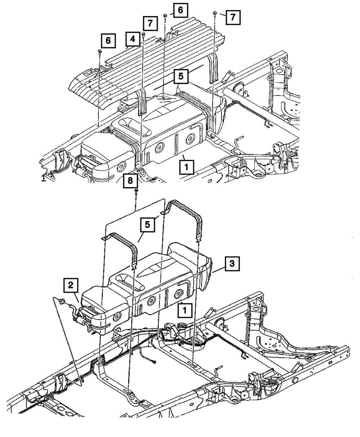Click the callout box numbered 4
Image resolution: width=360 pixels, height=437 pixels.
tap(133, 39)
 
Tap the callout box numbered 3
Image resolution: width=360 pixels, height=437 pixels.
tap(232, 264)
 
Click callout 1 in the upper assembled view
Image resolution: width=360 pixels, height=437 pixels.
tap(186, 167)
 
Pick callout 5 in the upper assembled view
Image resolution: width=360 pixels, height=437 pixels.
tap(181, 77)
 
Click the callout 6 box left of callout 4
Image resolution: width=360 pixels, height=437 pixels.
tap(108, 41)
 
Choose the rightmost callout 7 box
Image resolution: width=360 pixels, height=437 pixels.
tap(233, 17)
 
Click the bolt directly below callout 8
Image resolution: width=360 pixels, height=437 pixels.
tap(136, 190)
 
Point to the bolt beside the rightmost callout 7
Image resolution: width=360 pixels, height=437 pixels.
tap(215, 13)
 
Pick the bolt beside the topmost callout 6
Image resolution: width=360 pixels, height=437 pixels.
tap(165, 15)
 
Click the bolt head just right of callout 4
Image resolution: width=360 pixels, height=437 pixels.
tap(143, 34)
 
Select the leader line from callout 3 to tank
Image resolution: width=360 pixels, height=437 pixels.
tap(218, 270)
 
